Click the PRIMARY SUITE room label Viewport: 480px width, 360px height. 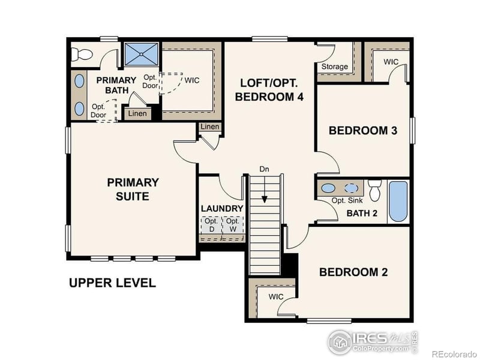pyautogui.click(x=133, y=189)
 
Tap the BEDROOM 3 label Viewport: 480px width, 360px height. pyautogui.click(x=363, y=131)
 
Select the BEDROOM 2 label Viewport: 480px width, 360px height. pyautogui.click(x=353, y=272)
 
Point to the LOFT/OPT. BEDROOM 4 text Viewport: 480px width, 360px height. pyautogui.click(x=268, y=89)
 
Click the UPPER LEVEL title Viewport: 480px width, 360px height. pyautogui.click(x=112, y=283)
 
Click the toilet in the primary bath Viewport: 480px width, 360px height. pyautogui.click(x=80, y=55)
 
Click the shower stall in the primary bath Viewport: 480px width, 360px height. pyautogui.click(x=142, y=55)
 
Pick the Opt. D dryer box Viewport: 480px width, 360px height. pyautogui.click(x=211, y=226)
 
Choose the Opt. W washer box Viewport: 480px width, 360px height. pyautogui.click(x=233, y=226)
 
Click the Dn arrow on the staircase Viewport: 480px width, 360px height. pyautogui.click(x=264, y=187)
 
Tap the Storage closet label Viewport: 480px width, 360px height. pyautogui.click(x=335, y=67)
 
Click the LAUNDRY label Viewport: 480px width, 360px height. pyautogui.click(x=222, y=209)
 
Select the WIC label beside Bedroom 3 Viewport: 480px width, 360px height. pyautogui.click(x=391, y=62)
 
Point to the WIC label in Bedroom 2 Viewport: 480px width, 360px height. pyautogui.click(x=275, y=297)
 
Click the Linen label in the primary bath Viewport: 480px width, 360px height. pyautogui.click(x=137, y=113)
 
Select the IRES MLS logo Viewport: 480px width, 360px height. pyautogui.click(x=372, y=341)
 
